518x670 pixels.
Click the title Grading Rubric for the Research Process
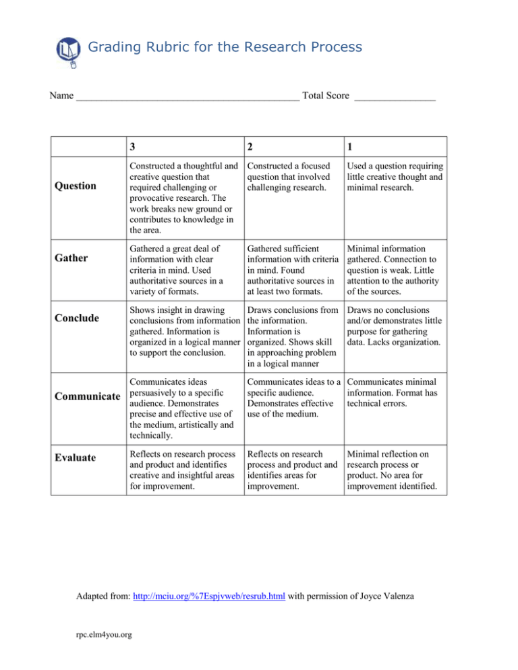(225, 47)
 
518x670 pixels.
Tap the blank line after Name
(188, 98)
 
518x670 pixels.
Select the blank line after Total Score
(395, 98)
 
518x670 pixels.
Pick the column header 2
(252, 147)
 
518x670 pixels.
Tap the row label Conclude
(76, 317)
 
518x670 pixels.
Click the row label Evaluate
(76, 457)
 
